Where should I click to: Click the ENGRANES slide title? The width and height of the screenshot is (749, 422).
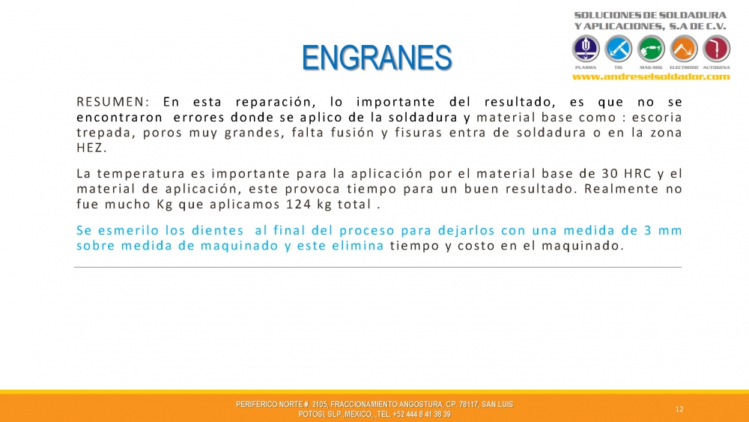377,58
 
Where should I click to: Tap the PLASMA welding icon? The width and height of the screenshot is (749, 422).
586,49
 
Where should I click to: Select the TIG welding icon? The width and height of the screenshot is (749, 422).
618,49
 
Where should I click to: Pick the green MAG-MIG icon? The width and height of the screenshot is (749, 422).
651,49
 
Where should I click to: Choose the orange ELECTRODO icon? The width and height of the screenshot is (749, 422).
684,49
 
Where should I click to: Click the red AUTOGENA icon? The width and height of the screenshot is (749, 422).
717,49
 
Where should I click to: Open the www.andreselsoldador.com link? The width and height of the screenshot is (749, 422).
651,76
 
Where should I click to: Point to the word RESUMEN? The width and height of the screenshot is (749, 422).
113,102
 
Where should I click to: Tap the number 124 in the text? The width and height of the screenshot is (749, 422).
297,204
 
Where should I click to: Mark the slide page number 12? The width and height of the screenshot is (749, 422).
679,409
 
